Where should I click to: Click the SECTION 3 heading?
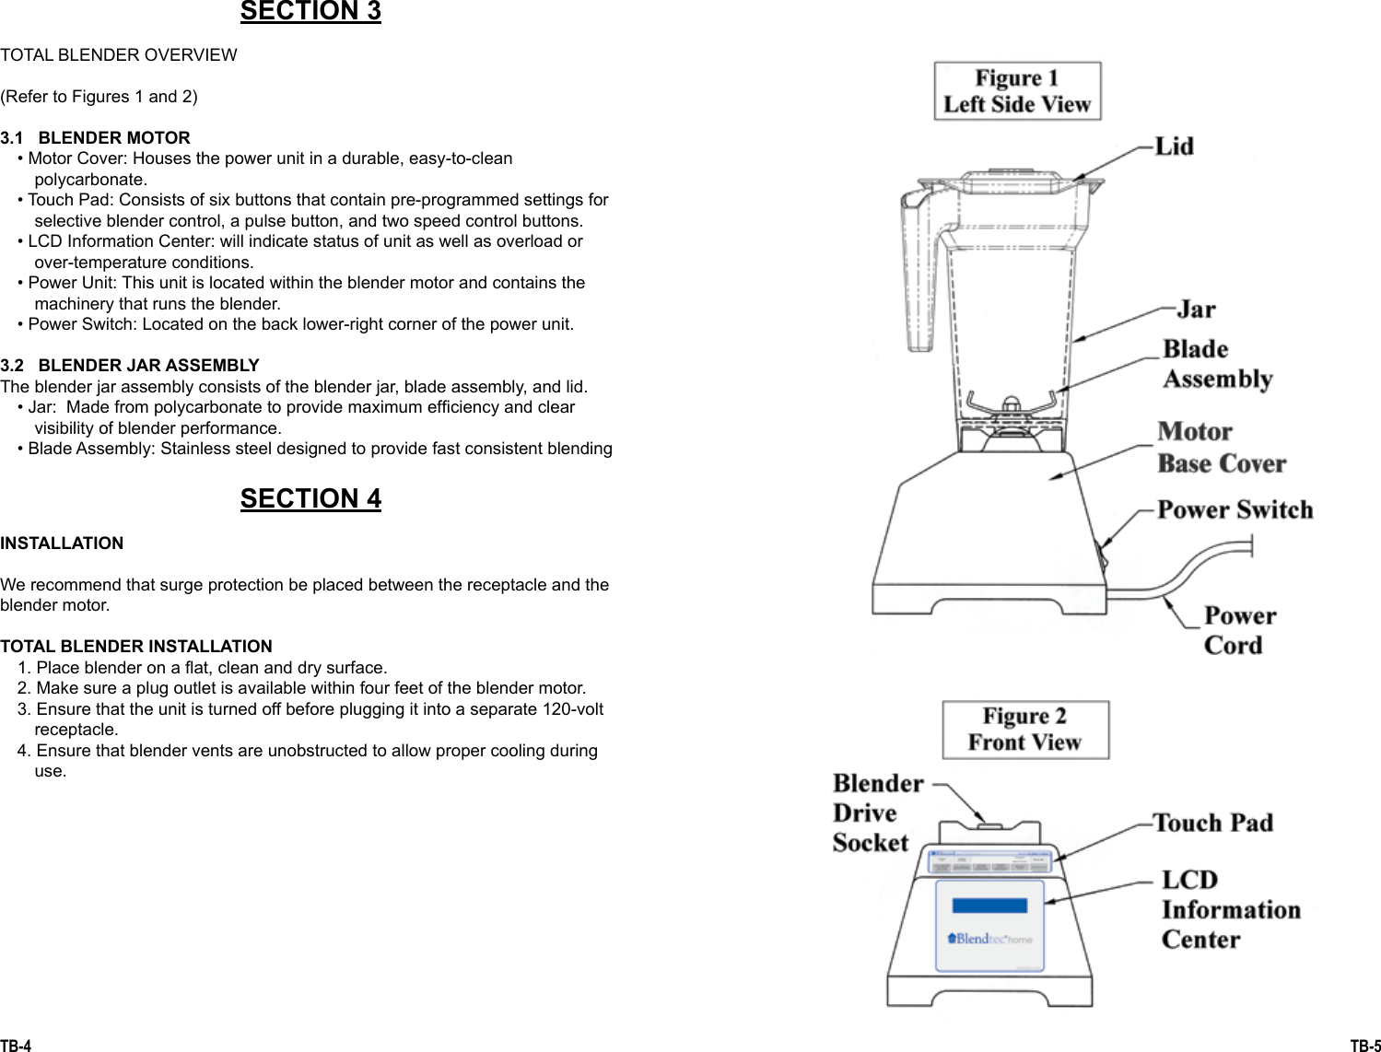(310, 12)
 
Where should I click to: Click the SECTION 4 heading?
(310, 498)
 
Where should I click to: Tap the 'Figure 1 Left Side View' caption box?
(1017, 91)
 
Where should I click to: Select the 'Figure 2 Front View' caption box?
(1024, 730)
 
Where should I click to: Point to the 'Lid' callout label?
(1174, 147)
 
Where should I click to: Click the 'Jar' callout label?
(1196, 310)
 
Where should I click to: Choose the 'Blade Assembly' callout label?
(1216, 364)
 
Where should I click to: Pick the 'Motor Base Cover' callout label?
(1221, 448)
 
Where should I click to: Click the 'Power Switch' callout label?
(1235, 510)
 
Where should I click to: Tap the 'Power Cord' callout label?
(1239, 630)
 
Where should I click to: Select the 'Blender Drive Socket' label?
(877, 813)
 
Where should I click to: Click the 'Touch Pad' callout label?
(1213, 823)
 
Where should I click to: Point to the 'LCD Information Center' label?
(1229, 910)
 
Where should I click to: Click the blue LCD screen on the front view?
(989, 906)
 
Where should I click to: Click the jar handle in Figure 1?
(919, 276)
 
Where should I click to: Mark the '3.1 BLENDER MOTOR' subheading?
(96, 138)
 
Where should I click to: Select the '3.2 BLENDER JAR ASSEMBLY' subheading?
(130, 366)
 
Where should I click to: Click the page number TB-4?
(16, 1046)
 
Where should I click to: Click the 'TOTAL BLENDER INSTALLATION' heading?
(136, 647)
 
